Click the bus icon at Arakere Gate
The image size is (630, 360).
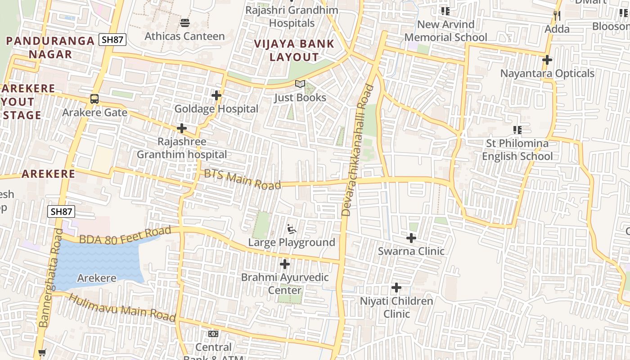(x=94, y=99)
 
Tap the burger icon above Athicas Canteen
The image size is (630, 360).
(x=184, y=22)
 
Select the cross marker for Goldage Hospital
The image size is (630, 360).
(x=216, y=95)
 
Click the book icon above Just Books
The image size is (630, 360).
(x=300, y=84)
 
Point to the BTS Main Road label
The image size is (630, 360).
(x=243, y=179)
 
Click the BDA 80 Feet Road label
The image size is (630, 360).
(x=126, y=235)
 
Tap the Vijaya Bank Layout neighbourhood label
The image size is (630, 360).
(x=294, y=50)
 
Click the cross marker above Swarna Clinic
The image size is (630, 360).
(x=411, y=238)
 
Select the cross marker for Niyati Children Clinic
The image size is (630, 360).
(x=396, y=287)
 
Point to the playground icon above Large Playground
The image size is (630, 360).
(x=292, y=229)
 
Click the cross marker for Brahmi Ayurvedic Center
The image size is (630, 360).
(x=285, y=264)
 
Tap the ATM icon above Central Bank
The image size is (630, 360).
(x=213, y=334)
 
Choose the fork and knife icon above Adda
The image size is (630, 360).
(x=557, y=16)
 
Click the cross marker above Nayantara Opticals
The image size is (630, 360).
(x=547, y=60)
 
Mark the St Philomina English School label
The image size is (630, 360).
(x=517, y=150)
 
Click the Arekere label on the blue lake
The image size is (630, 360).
(x=96, y=278)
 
